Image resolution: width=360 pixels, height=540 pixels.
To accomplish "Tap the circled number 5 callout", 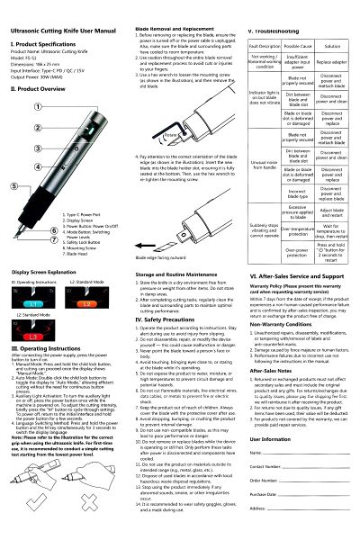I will (13, 185).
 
